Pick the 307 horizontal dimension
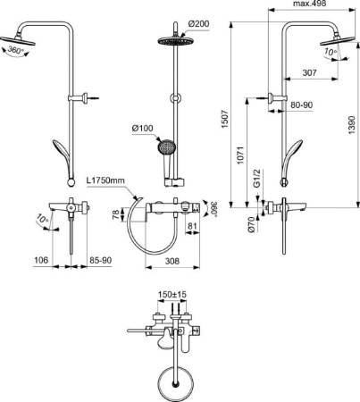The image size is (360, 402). coord(311,72)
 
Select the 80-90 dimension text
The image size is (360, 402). coord(301,106)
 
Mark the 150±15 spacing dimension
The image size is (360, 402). coord(172,292)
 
